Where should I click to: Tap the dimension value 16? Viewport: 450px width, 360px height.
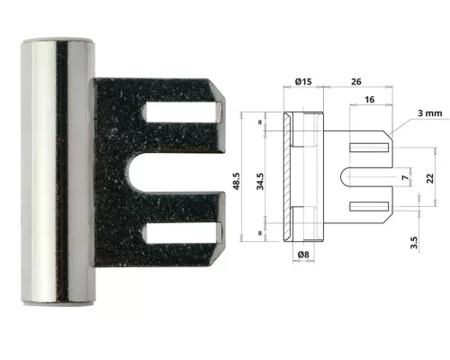click(370, 103)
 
